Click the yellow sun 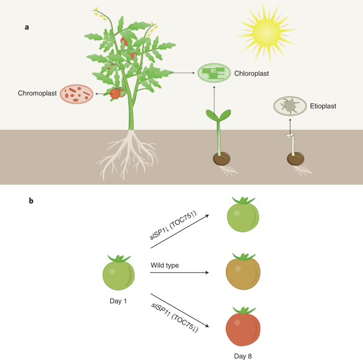point(269,32)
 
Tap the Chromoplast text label point(38,93)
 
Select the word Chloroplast point(252,74)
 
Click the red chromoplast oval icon point(76,94)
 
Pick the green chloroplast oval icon point(214,73)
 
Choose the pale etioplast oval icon point(290,106)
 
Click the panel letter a point(27,26)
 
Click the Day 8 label point(243,356)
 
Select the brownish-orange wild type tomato point(243,272)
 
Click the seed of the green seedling point(222,158)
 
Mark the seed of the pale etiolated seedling point(295,158)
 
